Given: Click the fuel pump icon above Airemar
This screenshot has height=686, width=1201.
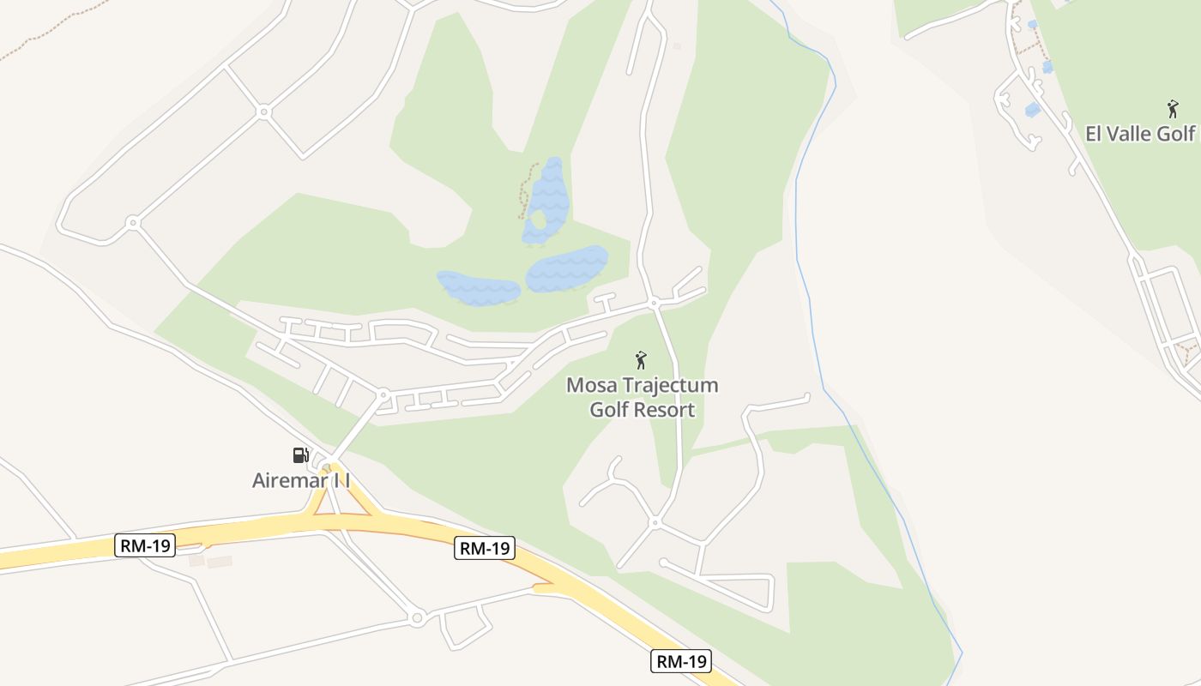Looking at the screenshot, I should [300, 455].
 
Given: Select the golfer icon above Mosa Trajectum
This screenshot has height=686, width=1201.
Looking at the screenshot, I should [640, 360].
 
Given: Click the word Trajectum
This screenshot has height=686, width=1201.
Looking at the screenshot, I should [668, 385].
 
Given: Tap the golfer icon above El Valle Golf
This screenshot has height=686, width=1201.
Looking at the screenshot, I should [1173, 109].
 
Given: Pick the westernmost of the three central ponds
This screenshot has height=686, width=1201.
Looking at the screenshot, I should [477, 287].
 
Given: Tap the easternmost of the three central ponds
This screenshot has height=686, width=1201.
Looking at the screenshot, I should [566, 268].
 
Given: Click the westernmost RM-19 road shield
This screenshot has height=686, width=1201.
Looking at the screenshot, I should [145, 545].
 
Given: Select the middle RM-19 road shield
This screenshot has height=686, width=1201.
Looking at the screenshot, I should [485, 549].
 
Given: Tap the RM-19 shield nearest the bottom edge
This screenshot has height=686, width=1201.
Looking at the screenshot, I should [681, 661].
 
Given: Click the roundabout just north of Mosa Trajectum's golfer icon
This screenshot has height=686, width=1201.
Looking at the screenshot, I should [654, 303].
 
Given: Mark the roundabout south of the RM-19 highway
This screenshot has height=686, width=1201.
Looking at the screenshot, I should [417, 617].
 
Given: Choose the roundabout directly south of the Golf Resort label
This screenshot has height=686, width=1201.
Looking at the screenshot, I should [655, 521].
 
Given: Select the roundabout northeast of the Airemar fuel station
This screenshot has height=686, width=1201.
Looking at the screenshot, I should [383, 395].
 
